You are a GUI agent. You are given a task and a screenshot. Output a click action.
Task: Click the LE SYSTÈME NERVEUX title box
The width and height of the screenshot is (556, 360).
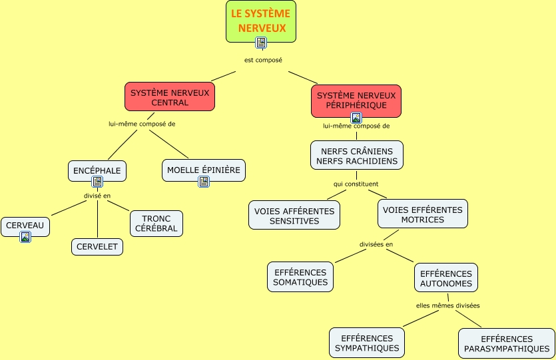point(260,21)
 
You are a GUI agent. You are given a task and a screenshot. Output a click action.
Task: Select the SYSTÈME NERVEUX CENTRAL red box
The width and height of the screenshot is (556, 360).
point(170,97)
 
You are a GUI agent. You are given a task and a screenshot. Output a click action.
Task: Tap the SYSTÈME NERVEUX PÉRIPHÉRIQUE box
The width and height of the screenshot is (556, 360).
point(356,100)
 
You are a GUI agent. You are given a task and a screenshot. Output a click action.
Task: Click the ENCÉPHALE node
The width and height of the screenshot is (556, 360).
point(97,170)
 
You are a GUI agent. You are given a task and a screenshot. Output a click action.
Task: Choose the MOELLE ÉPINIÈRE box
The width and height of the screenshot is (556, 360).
point(204,170)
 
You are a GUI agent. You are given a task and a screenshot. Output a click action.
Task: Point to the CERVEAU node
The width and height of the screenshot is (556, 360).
point(25,226)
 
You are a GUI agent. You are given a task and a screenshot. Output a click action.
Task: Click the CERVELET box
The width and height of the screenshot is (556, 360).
point(97,247)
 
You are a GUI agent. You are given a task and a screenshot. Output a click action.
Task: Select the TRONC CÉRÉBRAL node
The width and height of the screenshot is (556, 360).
point(156,224)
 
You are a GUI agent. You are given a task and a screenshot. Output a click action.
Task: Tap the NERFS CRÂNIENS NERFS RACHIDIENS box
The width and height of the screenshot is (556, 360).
point(357,156)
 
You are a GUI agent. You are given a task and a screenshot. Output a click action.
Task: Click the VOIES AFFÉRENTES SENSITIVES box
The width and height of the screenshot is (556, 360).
point(294,216)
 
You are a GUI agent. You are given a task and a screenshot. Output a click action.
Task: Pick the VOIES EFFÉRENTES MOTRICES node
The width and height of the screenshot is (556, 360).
point(422,214)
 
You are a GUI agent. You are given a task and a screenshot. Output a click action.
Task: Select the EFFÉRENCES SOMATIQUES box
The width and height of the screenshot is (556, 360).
point(300,277)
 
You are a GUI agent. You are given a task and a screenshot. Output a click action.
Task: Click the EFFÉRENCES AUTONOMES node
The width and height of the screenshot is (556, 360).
point(446,278)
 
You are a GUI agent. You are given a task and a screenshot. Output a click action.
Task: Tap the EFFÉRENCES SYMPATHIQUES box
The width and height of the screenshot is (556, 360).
point(367,343)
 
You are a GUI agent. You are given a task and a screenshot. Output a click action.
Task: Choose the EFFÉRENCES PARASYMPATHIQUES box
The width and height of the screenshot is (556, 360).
point(507,343)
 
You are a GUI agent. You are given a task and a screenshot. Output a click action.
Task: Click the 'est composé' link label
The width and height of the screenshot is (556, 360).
point(263,60)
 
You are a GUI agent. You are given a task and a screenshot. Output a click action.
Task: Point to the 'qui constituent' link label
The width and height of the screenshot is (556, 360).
point(356,184)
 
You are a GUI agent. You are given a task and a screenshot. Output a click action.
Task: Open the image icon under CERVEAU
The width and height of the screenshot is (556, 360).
point(25,237)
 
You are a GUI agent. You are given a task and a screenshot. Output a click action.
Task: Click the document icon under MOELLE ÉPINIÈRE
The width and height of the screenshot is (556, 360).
point(204,181)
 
